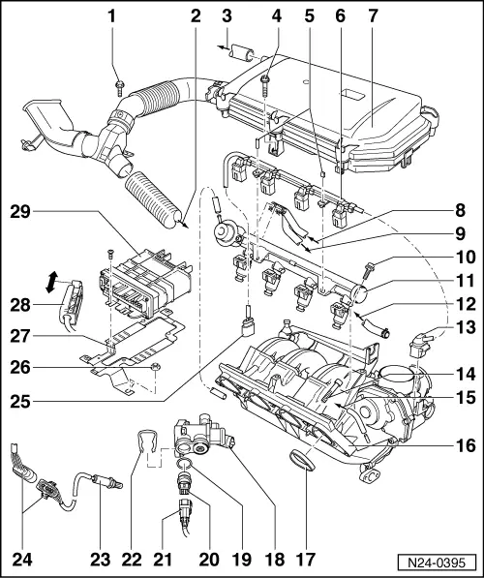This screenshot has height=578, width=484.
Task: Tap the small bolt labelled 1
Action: [x=118, y=88]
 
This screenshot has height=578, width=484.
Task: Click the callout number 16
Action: [x=466, y=445]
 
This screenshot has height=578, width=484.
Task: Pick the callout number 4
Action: [x=277, y=16]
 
